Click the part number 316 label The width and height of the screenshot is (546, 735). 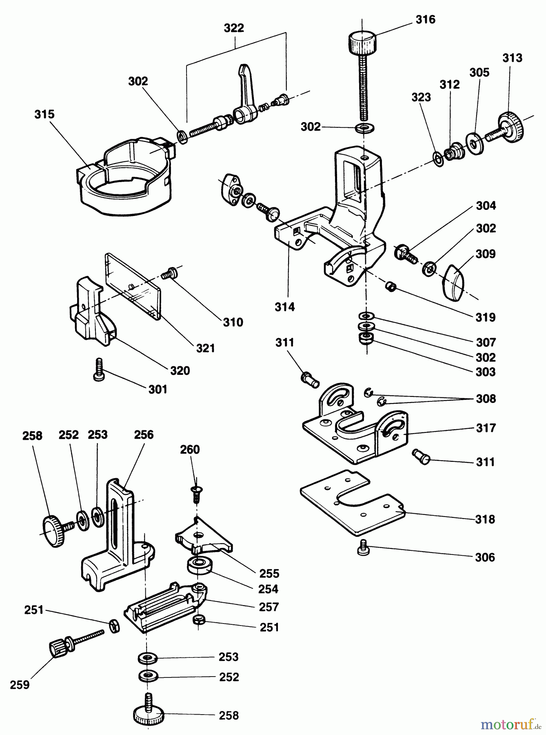(425, 19)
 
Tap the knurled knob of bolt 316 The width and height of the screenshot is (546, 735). (362, 42)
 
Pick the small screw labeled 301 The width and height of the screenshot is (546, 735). (99, 370)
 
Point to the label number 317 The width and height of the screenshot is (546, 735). (485, 428)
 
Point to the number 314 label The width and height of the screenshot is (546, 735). (284, 307)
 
